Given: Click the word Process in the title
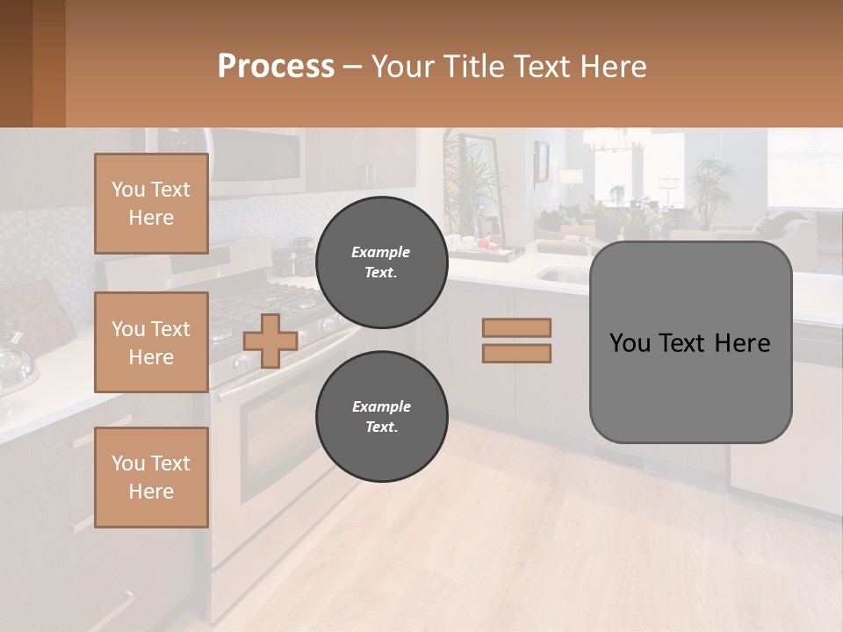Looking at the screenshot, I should (276, 67).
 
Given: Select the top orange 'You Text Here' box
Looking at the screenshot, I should (151, 204).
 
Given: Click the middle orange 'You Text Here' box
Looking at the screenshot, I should (151, 342).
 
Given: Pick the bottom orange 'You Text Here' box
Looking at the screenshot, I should (151, 477).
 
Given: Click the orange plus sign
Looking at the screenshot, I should (270, 341).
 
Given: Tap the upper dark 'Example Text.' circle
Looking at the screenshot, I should (381, 262).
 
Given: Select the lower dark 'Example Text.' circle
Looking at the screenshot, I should (381, 417).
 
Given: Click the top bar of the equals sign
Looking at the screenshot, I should (516, 327).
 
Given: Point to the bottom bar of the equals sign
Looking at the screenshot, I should (516, 353).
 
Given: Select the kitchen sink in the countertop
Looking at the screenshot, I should (562, 275).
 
